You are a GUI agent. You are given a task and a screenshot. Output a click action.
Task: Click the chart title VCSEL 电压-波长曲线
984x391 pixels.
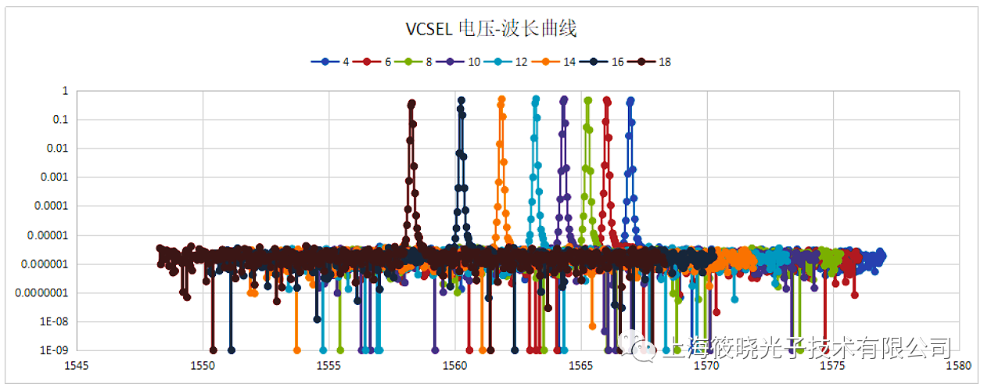[x=491, y=30]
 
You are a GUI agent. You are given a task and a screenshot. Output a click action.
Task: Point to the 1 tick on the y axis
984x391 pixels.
[x=66, y=91]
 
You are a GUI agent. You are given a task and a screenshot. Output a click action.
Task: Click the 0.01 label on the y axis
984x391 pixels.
[x=57, y=149]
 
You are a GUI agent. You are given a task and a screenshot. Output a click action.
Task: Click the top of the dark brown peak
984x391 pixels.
[x=412, y=102]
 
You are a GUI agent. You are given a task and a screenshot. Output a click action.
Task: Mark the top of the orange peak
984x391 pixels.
[x=502, y=99]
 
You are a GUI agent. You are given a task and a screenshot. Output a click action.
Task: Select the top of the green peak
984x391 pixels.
[x=587, y=100]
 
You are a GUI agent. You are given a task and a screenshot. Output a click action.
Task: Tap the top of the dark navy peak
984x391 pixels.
[x=461, y=100]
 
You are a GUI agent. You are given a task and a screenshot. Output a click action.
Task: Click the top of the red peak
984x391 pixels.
[x=606, y=100]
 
